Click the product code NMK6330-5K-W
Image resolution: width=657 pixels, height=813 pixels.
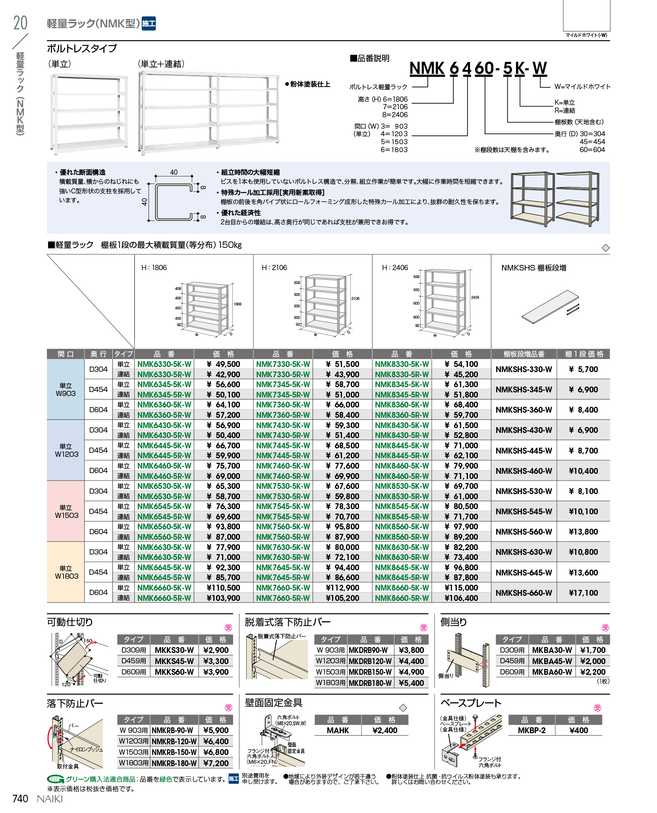164,364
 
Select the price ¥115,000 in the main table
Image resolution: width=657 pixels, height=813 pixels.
461,588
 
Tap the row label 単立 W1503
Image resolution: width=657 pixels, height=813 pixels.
66,511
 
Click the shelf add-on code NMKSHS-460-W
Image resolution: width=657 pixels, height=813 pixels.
524,471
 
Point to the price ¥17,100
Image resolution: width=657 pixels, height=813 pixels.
583,593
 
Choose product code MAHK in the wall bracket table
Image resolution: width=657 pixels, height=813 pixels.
338,730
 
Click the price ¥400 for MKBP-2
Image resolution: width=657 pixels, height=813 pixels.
578,730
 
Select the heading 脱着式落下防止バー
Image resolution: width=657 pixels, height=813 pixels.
288,622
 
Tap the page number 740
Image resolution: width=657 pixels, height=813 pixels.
20,799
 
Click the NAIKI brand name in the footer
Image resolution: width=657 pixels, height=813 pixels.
50,799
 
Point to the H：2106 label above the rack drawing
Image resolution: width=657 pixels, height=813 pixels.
274,268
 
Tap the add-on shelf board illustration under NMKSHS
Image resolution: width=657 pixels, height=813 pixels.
550,306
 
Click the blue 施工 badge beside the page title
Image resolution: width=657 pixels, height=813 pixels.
149,23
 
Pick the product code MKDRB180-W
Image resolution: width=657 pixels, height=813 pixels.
370,683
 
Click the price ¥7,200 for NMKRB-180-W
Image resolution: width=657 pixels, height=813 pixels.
216,763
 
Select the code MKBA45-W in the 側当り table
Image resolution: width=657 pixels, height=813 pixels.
552,661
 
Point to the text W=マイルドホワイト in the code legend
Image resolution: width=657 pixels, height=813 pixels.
582,87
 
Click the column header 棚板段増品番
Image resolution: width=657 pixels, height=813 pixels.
524,354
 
